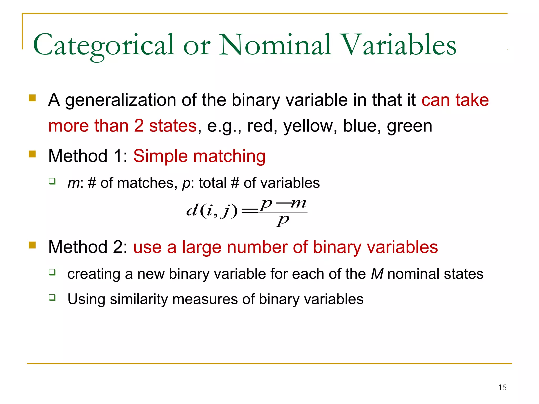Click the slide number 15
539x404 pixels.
[x=502, y=387]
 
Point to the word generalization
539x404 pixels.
[x=121, y=100]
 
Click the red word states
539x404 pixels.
[x=173, y=126]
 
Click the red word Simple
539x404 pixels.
[x=161, y=156]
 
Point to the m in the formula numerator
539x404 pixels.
[x=298, y=203]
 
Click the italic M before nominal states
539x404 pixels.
[x=377, y=274]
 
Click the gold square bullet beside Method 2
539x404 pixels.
[x=32, y=245]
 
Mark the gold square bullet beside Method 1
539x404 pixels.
[x=32, y=154]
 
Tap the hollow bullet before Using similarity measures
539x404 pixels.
[x=52, y=297]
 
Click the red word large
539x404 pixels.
[x=202, y=247]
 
